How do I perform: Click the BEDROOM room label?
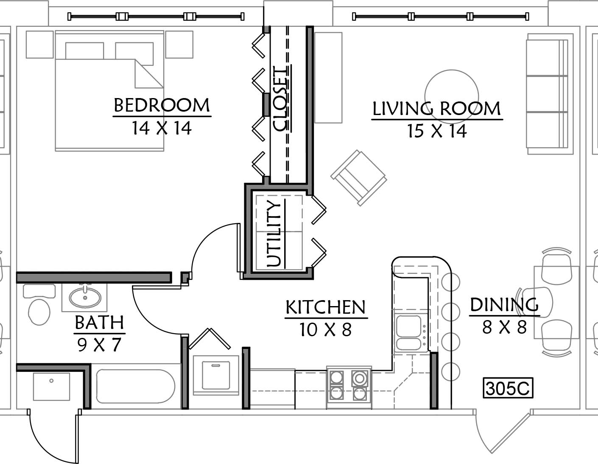tap(162, 105)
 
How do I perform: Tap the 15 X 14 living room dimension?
tap(437, 131)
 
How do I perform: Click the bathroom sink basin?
tap(85, 298)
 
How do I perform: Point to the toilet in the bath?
tap(39, 304)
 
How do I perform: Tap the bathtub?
tap(135, 387)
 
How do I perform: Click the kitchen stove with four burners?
tap(349, 388)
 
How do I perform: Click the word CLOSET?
tap(281, 98)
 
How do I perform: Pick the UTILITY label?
tap(274, 233)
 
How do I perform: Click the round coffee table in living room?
tap(452, 96)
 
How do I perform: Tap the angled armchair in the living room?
tap(358, 178)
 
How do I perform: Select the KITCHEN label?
tap(326, 307)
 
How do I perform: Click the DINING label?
tap(504, 305)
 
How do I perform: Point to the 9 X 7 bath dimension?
tap(99, 345)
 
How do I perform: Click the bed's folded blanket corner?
tap(149, 73)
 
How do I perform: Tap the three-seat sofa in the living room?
tap(548, 94)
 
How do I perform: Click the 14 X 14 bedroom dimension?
tap(162, 128)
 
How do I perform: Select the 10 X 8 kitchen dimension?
tap(326, 329)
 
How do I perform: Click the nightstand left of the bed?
tap(39, 44)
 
